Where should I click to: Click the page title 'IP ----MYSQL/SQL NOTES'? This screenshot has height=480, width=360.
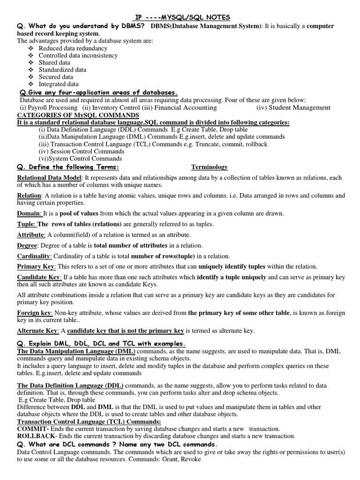(x=180, y=17)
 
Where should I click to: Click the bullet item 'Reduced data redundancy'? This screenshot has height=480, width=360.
(x=73, y=48)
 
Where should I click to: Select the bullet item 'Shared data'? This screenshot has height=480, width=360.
(x=54, y=62)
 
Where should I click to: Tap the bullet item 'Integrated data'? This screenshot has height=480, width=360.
(x=59, y=84)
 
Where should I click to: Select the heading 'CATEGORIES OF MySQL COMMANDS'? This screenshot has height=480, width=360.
(x=78, y=115)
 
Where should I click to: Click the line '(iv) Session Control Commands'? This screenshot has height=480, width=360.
(x=81, y=151)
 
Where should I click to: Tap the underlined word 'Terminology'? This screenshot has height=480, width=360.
(x=210, y=167)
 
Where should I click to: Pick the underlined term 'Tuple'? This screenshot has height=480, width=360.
(x=26, y=224)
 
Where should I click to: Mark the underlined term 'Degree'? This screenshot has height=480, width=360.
(x=27, y=245)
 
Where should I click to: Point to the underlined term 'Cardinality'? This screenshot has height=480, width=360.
(x=34, y=256)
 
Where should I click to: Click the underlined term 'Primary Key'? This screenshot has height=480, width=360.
(x=36, y=266)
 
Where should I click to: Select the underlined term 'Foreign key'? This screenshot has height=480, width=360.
(x=34, y=313)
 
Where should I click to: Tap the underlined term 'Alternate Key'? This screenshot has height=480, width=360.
(x=36, y=330)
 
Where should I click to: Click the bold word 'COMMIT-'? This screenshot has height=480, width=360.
(x=33, y=428)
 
